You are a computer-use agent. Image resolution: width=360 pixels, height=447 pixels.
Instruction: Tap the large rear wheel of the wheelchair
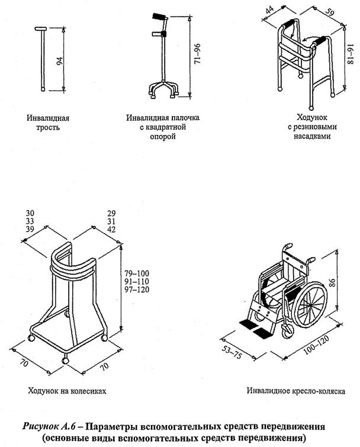pos(309,306)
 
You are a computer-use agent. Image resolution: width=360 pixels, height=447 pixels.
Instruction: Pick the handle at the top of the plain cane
pos(41,29)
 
